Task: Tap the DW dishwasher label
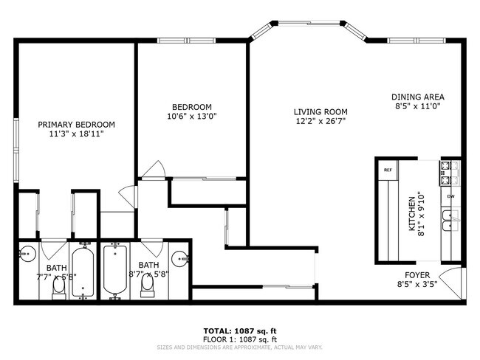pyautogui.click(x=450, y=196)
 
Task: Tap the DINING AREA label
pyautogui.click(x=417, y=97)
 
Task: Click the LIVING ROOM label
pyautogui.click(x=320, y=112)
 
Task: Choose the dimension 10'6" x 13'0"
pyautogui.click(x=192, y=116)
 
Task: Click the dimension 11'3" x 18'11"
pyautogui.click(x=76, y=134)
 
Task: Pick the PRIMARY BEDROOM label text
pyautogui.click(x=76, y=125)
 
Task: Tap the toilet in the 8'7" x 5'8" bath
pyautogui.click(x=146, y=284)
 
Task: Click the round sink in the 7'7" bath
pyautogui.click(x=27, y=253)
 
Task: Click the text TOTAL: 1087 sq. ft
pyautogui.click(x=240, y=330)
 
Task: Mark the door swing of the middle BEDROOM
pyautogui.click(x=154, y=170)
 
